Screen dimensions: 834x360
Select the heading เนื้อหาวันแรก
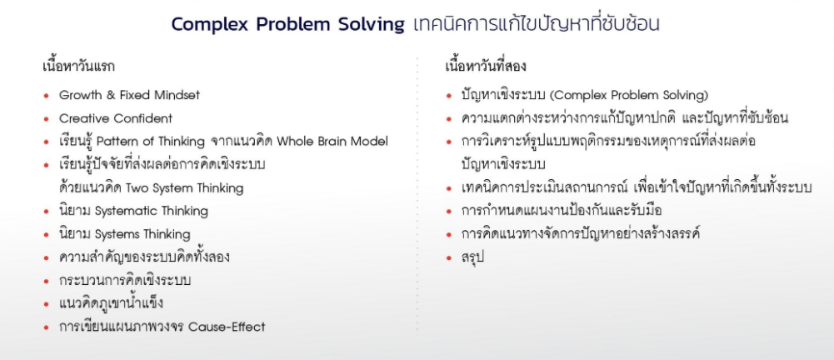pos(78,67)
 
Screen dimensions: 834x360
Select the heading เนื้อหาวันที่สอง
pos(486,67)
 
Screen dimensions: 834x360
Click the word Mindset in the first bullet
pos(177,95)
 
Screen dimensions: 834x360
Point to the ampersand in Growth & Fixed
pos(111,95)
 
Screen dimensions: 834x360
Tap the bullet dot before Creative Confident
pos(47,119)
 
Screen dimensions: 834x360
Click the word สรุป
pos(473,257)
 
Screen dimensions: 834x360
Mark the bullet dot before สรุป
pos(449,258)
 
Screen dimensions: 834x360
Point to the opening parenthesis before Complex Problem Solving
pos(552,96)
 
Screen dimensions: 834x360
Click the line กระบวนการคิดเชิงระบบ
pos(124,280)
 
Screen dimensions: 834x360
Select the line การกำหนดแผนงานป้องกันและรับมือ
pos(562,211)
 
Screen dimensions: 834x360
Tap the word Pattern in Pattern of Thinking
pos(116,142)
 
